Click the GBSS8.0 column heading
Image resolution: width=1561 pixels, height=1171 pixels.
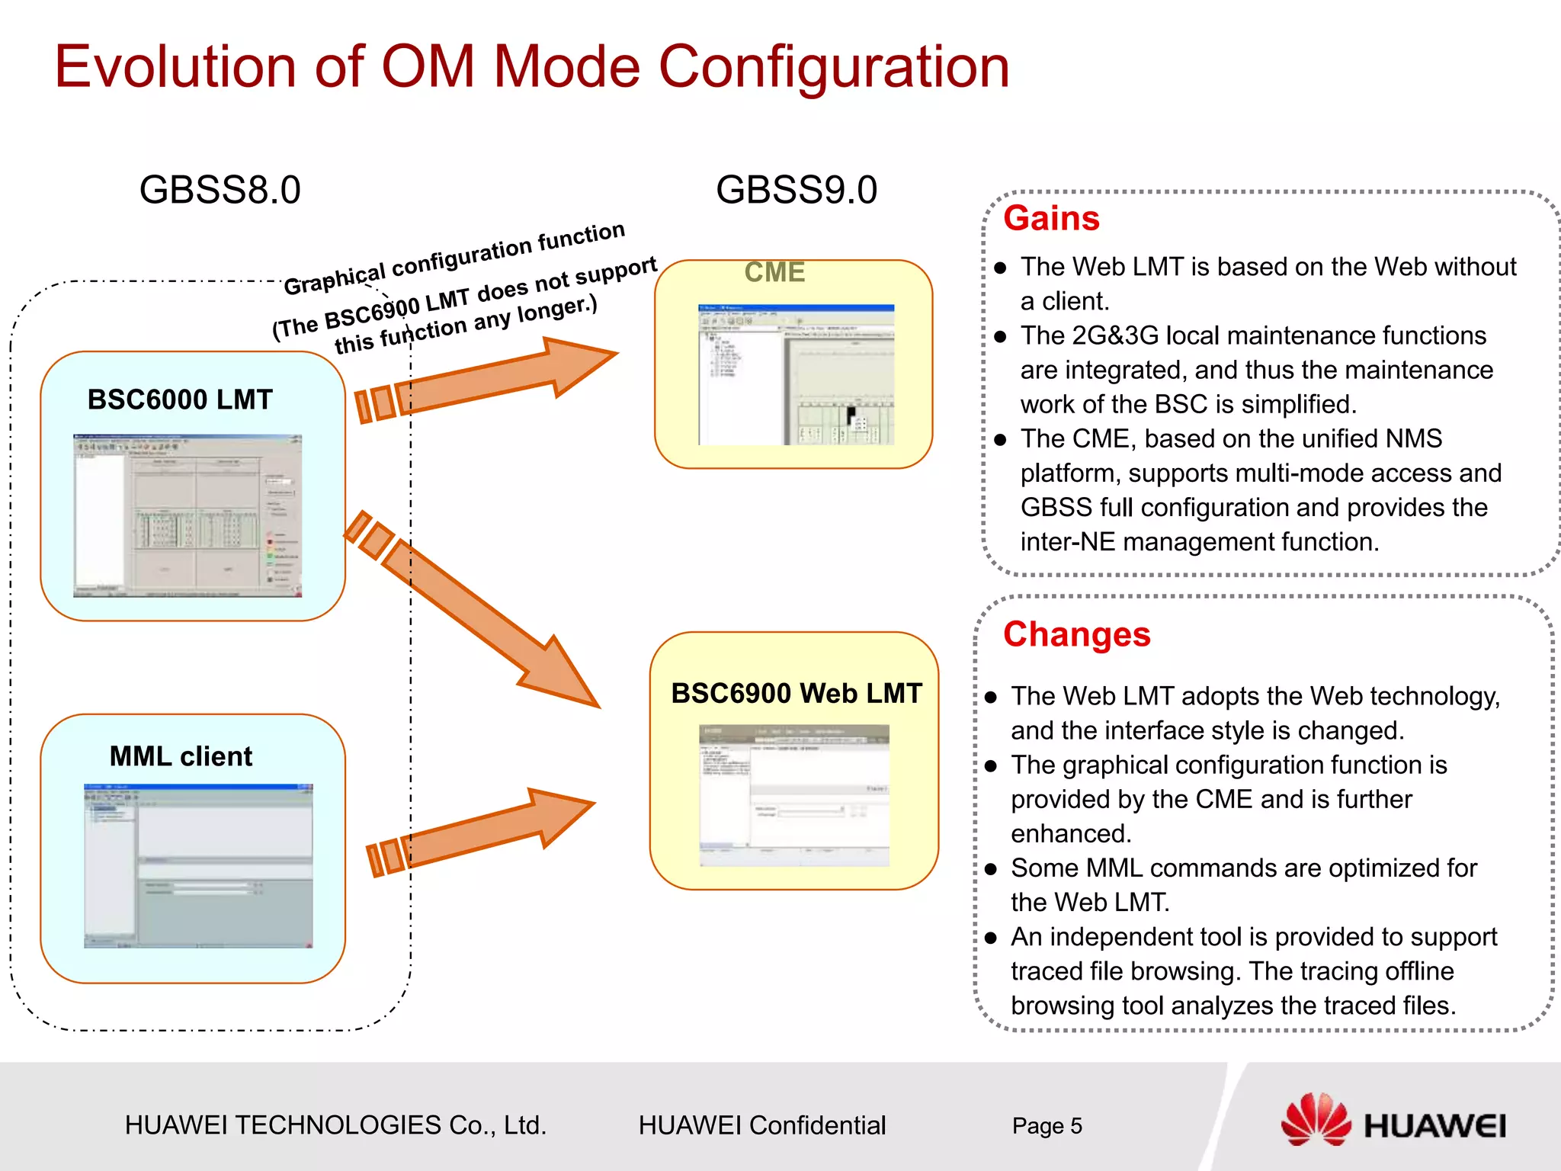coord(220,190)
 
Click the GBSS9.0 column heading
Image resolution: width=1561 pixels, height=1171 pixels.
coord(796,190)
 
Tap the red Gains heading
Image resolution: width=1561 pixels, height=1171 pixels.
coord(1051,219)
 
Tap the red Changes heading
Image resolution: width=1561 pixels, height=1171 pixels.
coord(1076,634)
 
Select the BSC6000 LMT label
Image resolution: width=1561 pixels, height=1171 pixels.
coord(180,399)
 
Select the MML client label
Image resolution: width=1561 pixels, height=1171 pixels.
coord(181,756)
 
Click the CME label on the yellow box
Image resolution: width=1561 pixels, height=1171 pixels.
coord(774,272)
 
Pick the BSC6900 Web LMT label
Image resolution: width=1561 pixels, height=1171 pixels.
coord(796,693)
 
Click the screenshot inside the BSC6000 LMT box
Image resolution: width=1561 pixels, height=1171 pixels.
coord(188,515)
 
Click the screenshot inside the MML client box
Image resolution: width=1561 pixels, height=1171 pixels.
coord(198,865)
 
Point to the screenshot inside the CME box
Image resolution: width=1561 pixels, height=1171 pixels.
coord(796,374)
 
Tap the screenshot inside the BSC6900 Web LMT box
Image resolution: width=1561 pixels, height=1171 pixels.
coord(794,794)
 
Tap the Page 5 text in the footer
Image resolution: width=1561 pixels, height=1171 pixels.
coord(1047,1126)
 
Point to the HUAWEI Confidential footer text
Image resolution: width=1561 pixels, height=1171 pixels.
coord(761,1125)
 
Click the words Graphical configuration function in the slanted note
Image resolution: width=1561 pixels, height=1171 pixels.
coord(454,258)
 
